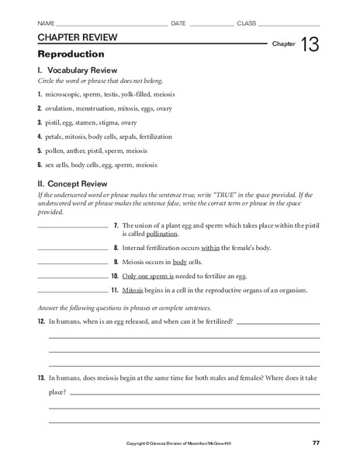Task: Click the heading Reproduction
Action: tap(71, 54)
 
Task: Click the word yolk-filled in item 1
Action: tap(137, 94)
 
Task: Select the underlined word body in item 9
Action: tap(180, 261)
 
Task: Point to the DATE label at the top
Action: tap(178, 23)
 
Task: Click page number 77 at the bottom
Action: tap(315, 443)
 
